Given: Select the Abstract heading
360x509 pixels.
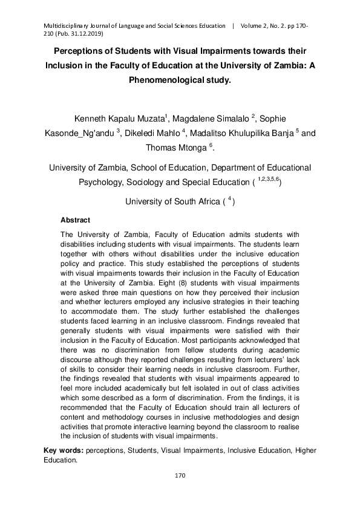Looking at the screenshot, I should [x=76, y=221].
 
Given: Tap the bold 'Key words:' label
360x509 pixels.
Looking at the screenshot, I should [x=64, y=450].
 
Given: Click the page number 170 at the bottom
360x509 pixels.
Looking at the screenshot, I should [x=180, y=476].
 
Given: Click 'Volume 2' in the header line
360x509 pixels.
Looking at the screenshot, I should [x=257, y=27].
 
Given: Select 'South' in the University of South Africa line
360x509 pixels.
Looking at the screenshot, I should [x=188, y=201].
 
